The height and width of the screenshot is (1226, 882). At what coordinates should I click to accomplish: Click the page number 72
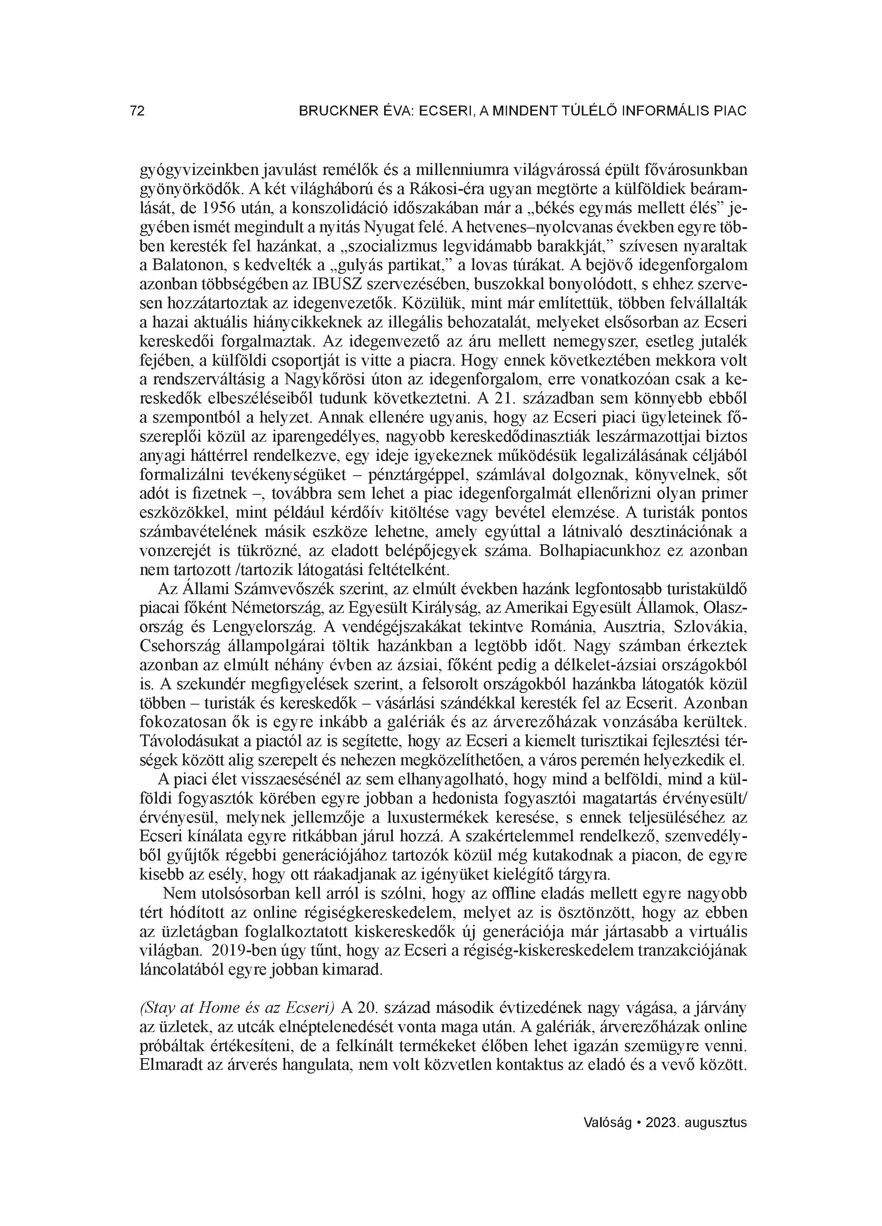click(x=137, y=111)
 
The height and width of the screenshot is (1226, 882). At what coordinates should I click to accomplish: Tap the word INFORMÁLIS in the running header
click(x=658, y=111)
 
